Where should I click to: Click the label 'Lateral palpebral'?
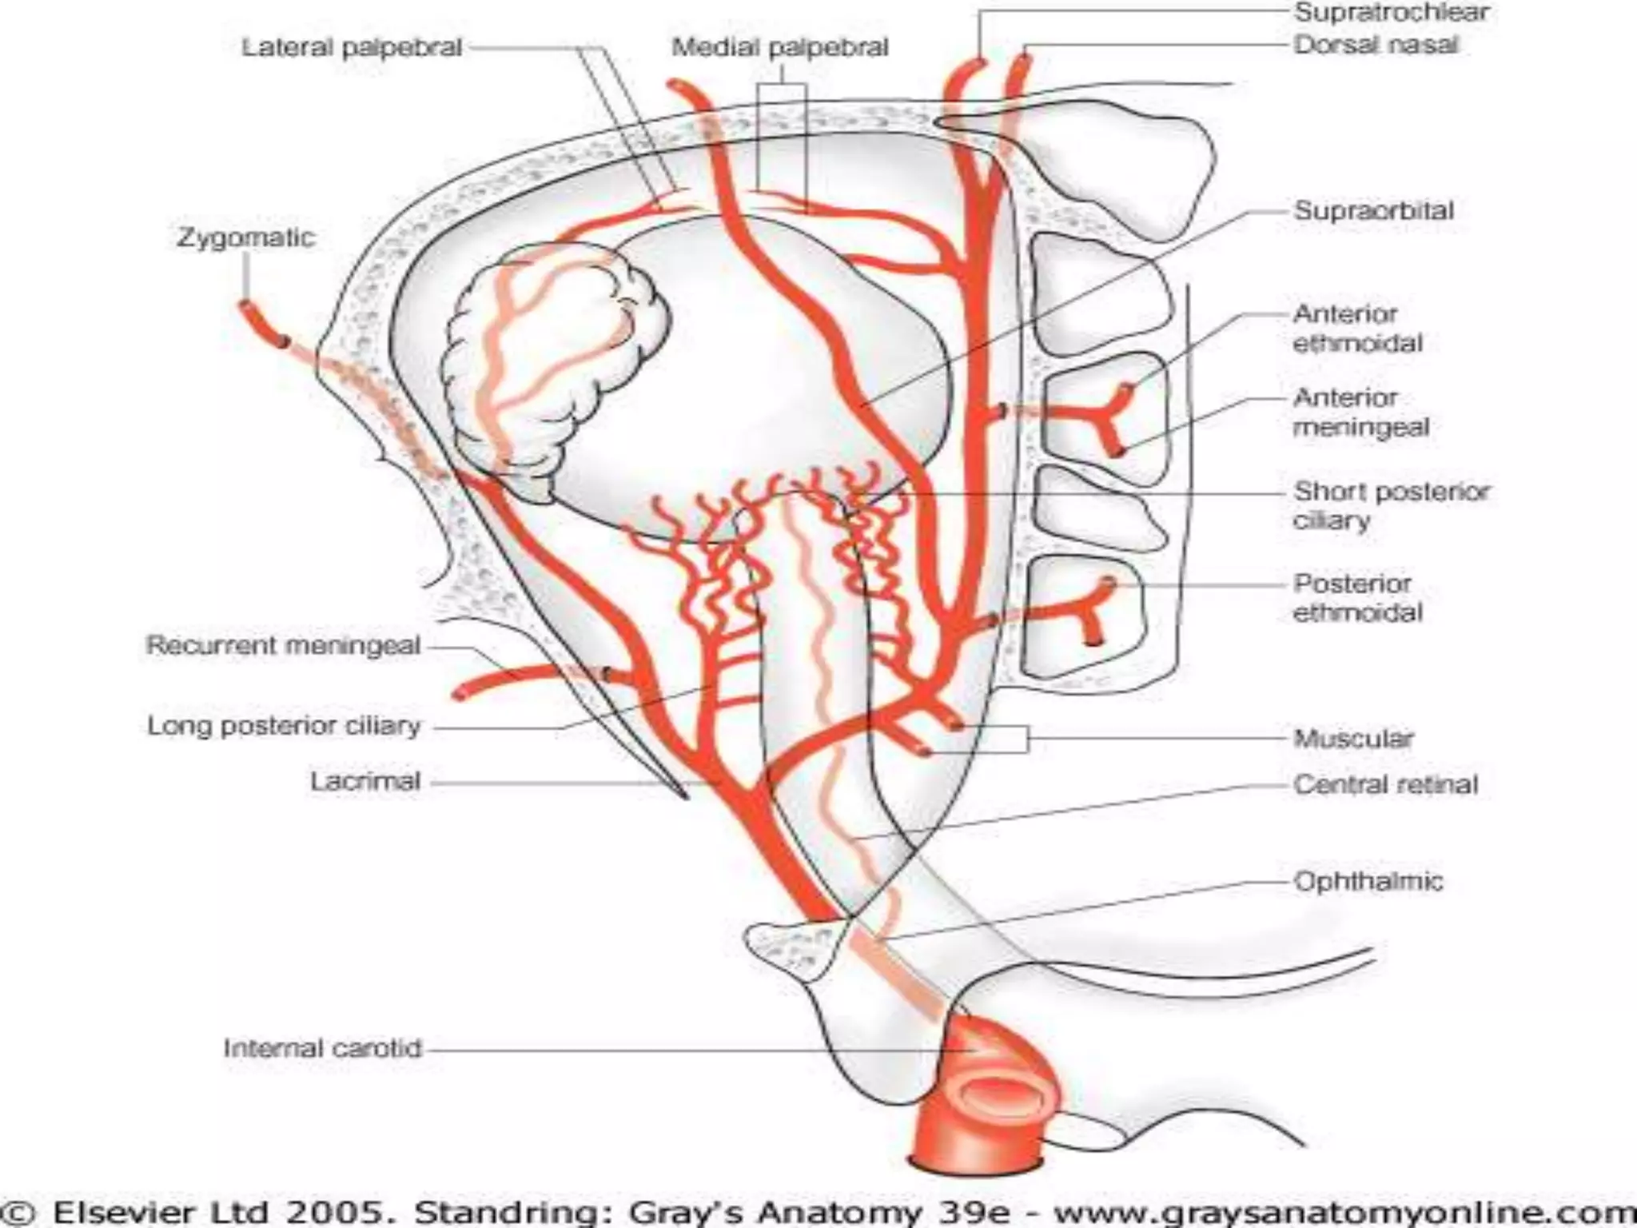352,48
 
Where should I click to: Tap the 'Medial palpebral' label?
779,48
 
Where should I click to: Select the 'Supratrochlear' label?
1391,13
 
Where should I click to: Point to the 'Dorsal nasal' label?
1376,45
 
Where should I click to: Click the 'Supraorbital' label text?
1373,211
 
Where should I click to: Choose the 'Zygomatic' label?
245,237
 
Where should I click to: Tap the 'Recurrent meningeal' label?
283,645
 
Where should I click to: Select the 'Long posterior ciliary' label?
284,726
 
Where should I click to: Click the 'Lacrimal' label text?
365,781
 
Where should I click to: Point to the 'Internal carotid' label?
322,1048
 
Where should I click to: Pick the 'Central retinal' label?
1385,784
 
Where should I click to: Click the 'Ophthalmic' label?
1368,882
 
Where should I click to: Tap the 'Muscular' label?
1353,738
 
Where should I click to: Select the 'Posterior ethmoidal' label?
1357,598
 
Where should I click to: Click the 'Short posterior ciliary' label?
1391,505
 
